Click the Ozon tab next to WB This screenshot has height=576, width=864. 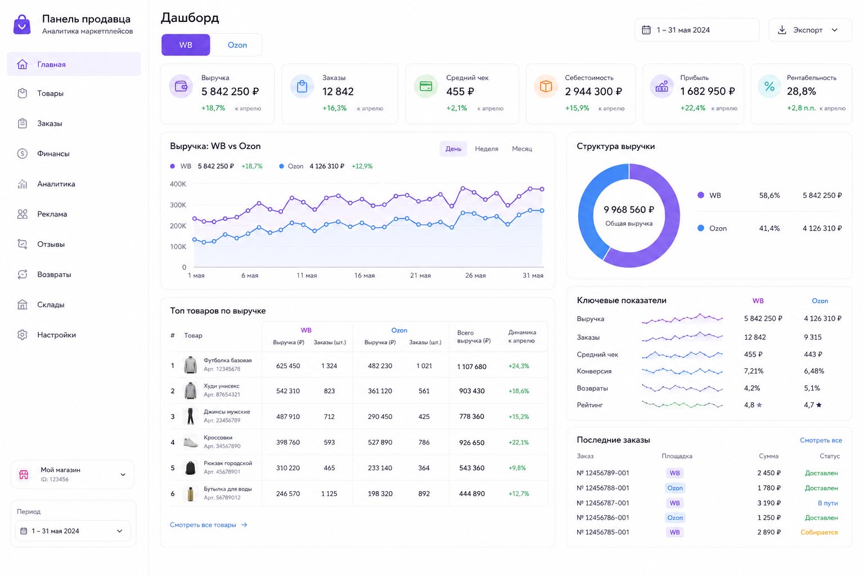coord(237,45)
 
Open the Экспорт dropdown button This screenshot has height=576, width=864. coord(809,30)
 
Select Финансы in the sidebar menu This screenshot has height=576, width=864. coord(53,154)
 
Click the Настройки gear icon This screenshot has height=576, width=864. coord(22,335)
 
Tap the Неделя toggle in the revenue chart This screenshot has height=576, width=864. coord(487,148)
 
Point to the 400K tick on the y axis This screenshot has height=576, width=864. coord(178,184)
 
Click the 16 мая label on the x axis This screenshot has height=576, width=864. coord(364,276)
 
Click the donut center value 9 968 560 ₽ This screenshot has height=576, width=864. coord(629,209)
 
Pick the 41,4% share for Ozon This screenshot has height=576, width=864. coord(769,228)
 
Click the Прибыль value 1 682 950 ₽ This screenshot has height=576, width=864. coord(708,92)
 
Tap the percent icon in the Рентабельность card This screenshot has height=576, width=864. coord(769,87)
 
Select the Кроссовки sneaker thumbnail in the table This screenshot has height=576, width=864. coord(190,442)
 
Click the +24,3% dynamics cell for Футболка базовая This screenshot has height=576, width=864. coord(519,366)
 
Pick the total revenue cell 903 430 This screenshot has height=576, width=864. coord(471,391)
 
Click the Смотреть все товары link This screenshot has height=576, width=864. coord(208,525)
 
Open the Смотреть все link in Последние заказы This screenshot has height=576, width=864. coord(821,440)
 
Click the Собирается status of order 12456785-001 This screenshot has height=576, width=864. coord(818,532)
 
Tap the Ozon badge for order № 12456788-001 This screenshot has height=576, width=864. coord(674,488)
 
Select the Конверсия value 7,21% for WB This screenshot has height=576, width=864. coord(753,371)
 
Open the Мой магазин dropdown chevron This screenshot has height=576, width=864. coord(123,475)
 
